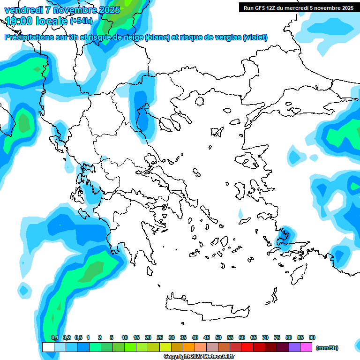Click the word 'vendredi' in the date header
(x=23, y=10)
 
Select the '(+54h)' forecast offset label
(x=81, y=21)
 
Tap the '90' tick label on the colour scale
(x=312, y=337)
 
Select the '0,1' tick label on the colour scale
(x=54, y=337)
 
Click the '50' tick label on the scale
(x=218, y=337)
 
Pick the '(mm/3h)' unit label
(x=327, y=348)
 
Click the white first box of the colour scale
(x=48, y=347)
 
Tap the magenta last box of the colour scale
(x=306, y=347)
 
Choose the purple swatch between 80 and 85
(x=294, y=347)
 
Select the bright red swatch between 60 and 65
(x=247, y=347)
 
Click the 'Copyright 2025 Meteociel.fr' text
(x=199, y=357)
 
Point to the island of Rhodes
(x=299, y=273)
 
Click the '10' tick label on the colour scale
(x=125, y=337)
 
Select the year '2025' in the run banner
(x=346, y=7)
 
